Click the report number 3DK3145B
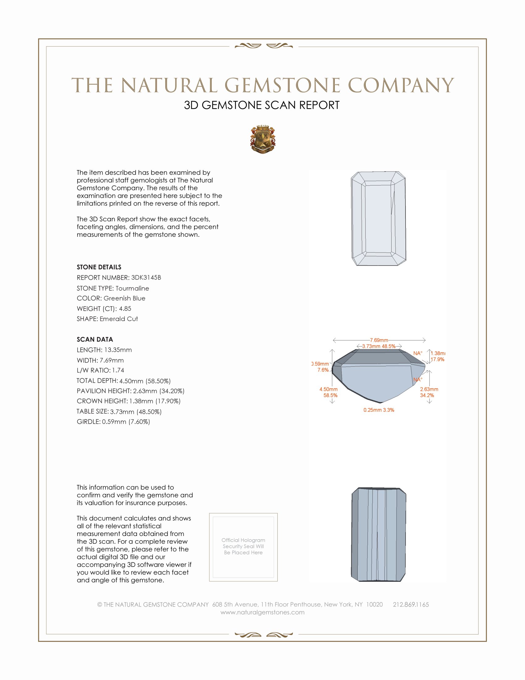pos(146,278)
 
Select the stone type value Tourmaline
pos(132,288)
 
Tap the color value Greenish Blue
pos(124,298)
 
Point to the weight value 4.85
pos(125,308)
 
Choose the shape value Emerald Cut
pos(119,319)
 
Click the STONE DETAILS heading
pos(99,267)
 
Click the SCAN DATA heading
pos(95,339)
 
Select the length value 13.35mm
pos(117,350)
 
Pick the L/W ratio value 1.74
pos(118,370)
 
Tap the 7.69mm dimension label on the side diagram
pos(379,340)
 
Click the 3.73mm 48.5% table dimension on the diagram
pos(379,346)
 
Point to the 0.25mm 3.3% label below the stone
pos(379,410)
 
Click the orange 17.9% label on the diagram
pos(437,359)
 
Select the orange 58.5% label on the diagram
pos(330,395)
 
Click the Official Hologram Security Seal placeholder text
pos(243,546)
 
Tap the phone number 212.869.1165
pos(410,604)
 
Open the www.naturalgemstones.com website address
pos(262,612)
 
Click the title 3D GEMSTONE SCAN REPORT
pos(262,105)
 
